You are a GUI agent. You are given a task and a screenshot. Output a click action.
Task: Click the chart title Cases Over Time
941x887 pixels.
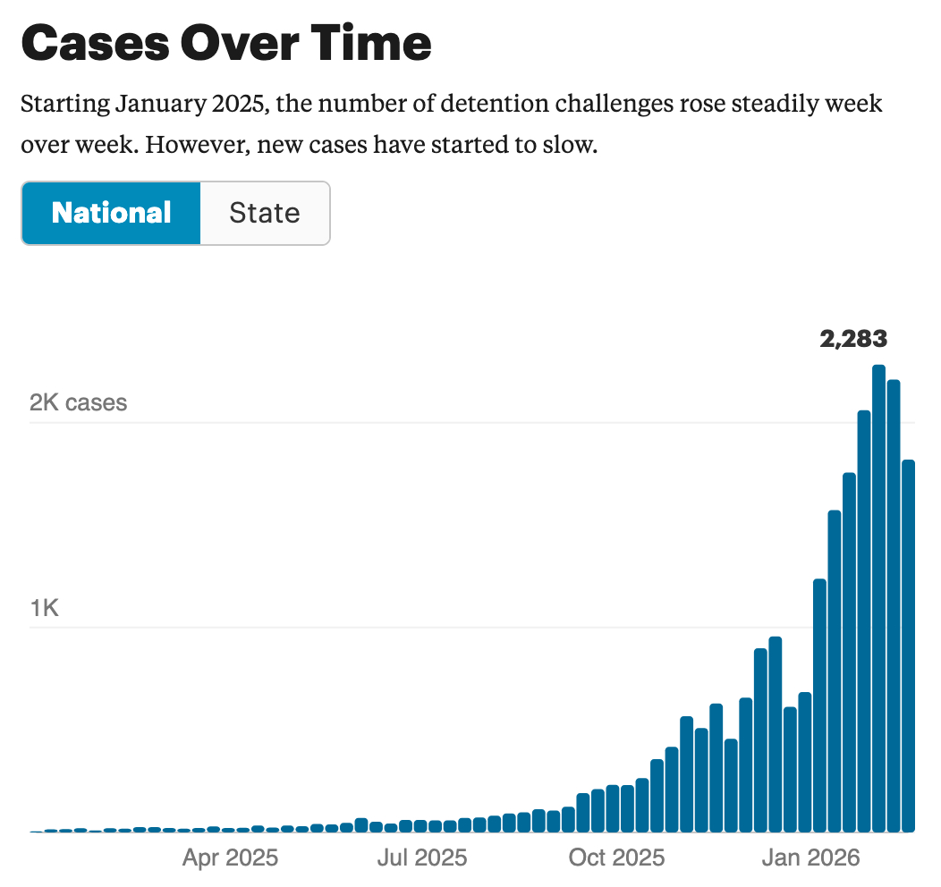click(225, 42)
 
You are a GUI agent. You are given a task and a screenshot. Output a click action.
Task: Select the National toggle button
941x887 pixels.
click(112, 213)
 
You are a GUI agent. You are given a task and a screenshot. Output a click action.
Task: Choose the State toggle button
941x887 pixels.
click(265, 213)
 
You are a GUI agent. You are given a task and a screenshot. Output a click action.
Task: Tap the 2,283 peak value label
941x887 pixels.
click(853, 339)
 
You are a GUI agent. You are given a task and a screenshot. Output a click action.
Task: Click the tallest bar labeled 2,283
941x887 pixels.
click(878, 599)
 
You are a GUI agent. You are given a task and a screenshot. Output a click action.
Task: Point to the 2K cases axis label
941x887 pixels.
click(79, 402)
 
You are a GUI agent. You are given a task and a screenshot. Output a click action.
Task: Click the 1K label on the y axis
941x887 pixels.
click(45, 609)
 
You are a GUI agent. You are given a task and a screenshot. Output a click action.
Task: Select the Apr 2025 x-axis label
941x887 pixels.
click(230, 858)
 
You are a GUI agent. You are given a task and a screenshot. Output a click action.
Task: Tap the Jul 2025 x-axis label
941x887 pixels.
click(422, 858)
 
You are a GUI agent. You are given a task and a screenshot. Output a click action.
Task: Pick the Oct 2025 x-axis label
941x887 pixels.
click(617, 858)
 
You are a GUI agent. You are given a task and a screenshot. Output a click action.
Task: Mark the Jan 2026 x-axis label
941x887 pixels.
click(810, 858)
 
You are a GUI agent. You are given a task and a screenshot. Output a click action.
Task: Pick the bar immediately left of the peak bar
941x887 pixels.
click(864, 621)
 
